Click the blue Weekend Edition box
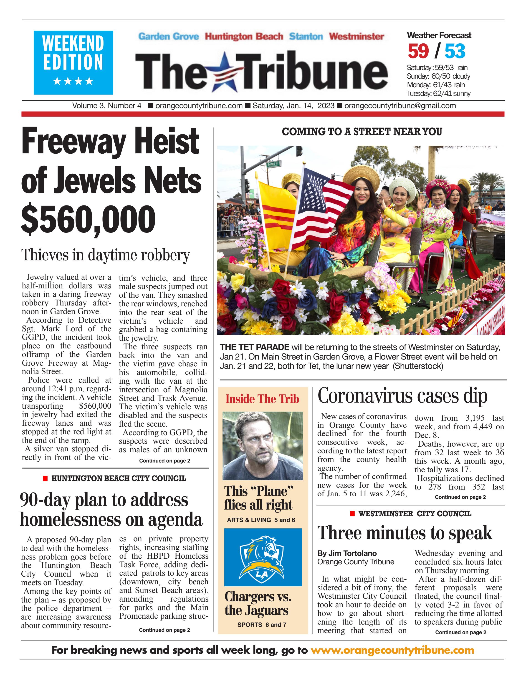73,62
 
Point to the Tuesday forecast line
438,93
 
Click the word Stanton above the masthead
306,36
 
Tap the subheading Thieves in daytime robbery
105,255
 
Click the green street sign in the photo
274,164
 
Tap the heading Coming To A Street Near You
362,132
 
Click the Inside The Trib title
262,399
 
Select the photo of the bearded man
262,445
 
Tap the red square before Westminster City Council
352,514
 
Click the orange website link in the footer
392,650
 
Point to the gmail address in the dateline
400,106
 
